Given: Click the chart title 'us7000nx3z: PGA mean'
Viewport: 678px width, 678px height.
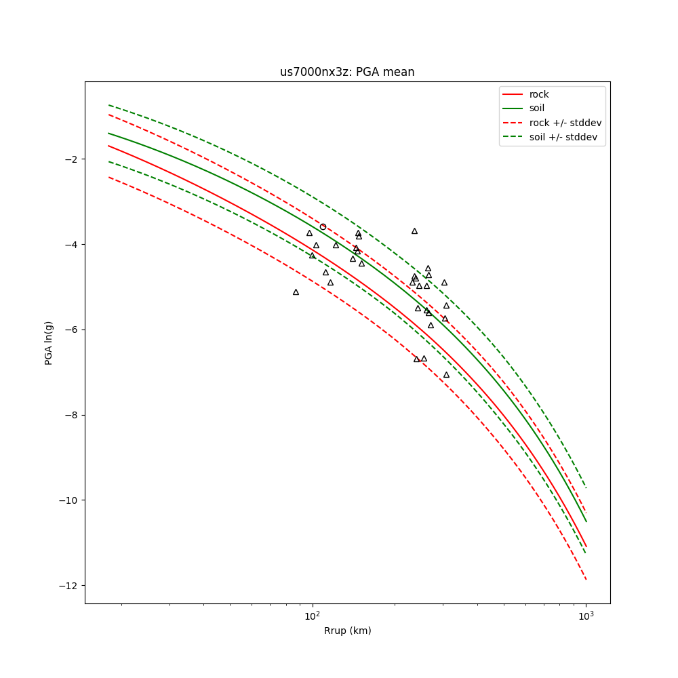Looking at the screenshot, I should tap(347, 72).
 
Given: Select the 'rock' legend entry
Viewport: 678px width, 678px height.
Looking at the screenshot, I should tap(539, 94).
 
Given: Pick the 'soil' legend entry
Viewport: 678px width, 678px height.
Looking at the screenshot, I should tap(537, 108).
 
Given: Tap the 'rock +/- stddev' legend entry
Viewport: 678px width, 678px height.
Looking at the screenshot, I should tap(565, 123).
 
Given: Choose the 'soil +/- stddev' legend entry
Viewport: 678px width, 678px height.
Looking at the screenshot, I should tap(565, 137).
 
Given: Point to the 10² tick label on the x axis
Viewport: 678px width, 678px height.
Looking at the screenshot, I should tap(312, 616).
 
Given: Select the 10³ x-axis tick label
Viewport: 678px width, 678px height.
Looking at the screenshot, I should tap(586, 616).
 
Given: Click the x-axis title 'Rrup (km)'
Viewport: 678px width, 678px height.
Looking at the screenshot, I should tap(347, 631).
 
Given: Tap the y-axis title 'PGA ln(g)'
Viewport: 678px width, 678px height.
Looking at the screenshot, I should tap(49, 342).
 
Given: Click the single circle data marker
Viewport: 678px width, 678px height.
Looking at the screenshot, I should tap(323, 226).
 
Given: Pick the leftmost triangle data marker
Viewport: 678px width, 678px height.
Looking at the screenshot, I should tap(296, 292).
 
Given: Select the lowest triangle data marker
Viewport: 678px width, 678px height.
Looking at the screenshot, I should tap(446, 375).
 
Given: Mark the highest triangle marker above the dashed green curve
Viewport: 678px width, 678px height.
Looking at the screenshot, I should tap(414, 231).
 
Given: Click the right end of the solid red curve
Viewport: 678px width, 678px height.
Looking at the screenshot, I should tap(586, 546).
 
